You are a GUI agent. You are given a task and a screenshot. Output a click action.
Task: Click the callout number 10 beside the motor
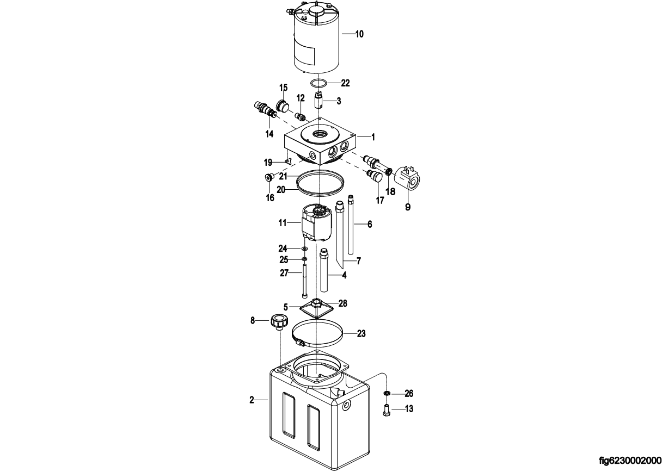click(x=359, y=34)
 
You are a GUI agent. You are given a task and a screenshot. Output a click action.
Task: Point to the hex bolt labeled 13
click(x=386, y=411)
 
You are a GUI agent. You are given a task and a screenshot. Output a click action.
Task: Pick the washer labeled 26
click(x=387, y=394)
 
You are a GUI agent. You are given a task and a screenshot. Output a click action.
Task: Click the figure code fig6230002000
click(x=630, y=461)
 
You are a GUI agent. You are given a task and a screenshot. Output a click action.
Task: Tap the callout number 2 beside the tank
click(x=252, y=400)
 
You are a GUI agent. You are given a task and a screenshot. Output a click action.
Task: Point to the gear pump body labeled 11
click(x=316, y=222)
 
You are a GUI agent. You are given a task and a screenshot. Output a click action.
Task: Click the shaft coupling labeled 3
click(x=318, y=101)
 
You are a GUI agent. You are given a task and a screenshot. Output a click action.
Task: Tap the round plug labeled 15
click(x=283, y=105)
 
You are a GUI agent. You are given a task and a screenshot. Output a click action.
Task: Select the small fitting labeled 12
click(x=300, y=116)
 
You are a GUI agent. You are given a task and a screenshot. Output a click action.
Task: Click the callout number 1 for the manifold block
click(x=373, y=137)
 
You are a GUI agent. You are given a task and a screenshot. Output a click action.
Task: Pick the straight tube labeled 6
click(x=351, y=224)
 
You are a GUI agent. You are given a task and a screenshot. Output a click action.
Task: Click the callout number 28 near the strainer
click(x=343, y=303)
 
